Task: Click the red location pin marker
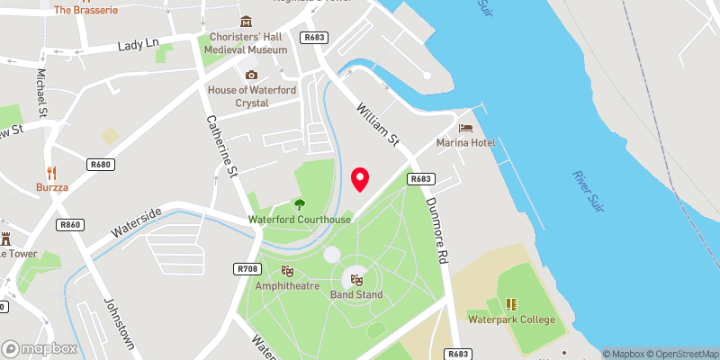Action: pyautogui.click(x=360, y=179)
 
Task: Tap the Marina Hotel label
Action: pyautogui.click(x=465, y=143)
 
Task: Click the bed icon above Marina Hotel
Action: pyautogui.click(x=465, y=127)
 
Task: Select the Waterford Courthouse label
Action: pyautogui.click(x=301, y=220)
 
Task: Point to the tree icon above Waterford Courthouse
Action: pyautogui.click(x=299, y=204)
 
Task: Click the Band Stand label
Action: pyautogui.click(x=356, y=294)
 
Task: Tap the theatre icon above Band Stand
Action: pyautogui.click(x=356, y=279)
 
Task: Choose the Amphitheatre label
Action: pyautogui.click(x=287, y=285)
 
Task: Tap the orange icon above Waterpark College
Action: pyautogui.click(x=511, y=304)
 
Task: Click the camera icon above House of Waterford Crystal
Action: pyautogui.click(x=251, y=75)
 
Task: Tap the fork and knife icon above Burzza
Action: pyautogui.click(x=52, y=174)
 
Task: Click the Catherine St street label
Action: pyautogui.click(x=220, y=144)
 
